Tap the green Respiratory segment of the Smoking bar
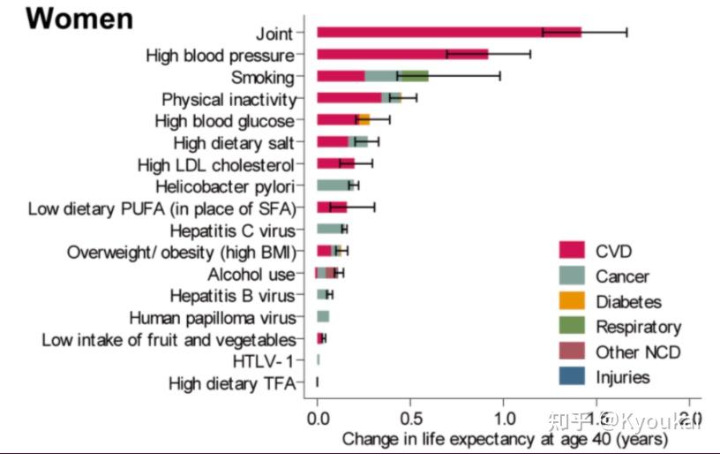(x=412, y=77)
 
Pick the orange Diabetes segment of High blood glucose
(x=364, y=120)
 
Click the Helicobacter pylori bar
(x=334, y=185)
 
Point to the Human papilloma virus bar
(x=323, y=316)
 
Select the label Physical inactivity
(x=229, y=99)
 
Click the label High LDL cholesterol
(x=215, y=164)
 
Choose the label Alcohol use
(x=251, y=274)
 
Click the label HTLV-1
(x=262, y=360)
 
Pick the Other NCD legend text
(x=637, y=352)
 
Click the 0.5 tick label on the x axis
(x=410, y=417)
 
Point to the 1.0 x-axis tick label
(x=503, y=417)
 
